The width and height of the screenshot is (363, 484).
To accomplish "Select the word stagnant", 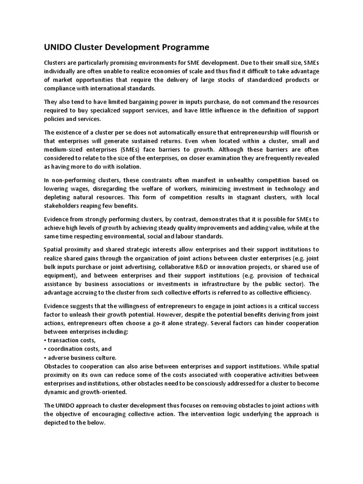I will pyautogui.click(x=224, y=197).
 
